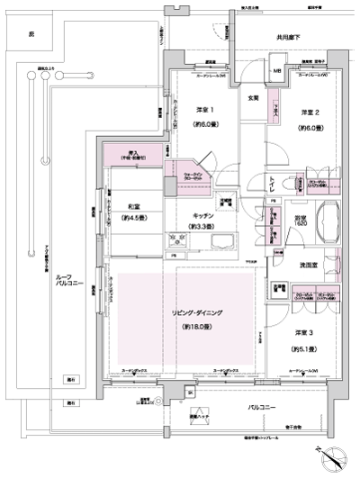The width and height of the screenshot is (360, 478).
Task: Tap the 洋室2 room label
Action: (310, 113)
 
